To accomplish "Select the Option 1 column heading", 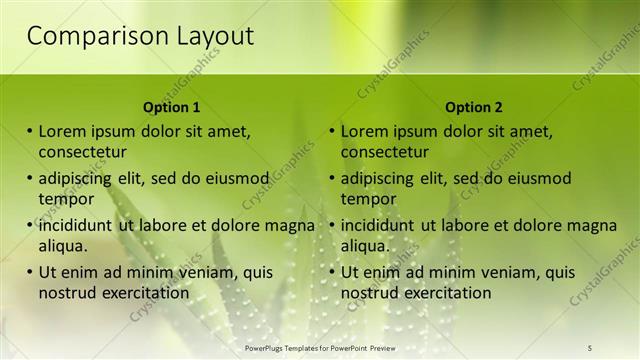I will (171, 107).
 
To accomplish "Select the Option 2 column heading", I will (473, 107).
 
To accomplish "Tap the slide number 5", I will (590, 348).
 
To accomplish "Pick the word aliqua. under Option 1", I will (63, 245).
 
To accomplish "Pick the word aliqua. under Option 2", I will (365, 245).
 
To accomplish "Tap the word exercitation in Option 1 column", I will (141, 292).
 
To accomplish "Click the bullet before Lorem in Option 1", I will (30, 131).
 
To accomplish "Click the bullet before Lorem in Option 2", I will (332, 131).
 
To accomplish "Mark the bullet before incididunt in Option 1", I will (30, 225).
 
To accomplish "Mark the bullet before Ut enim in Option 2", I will (332, 272).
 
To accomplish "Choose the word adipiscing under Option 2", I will (378, 178).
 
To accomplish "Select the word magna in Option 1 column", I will (291, 225).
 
